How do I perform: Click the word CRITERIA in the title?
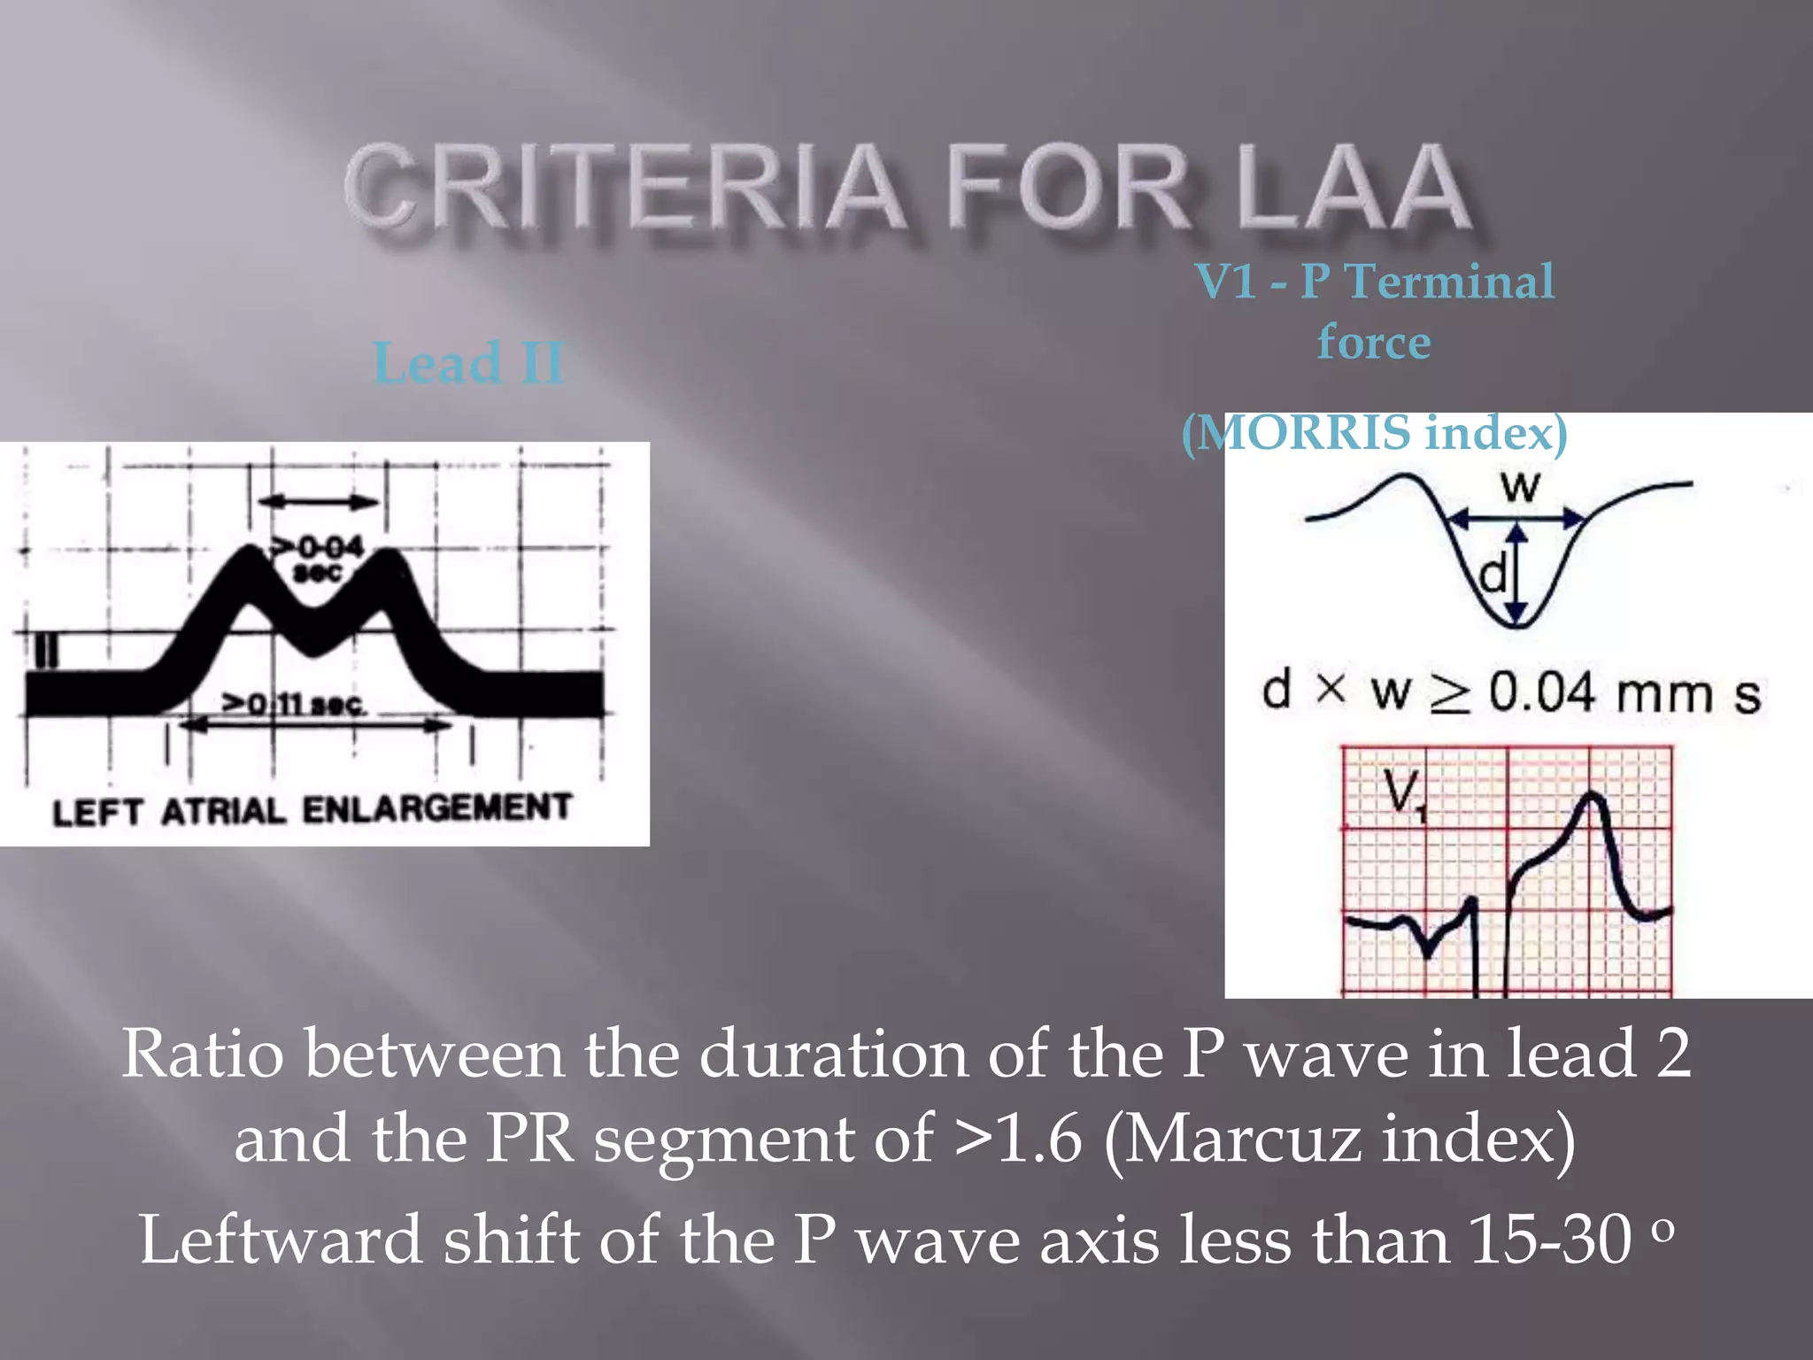624,188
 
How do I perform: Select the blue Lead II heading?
468,362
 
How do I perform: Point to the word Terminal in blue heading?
1449,282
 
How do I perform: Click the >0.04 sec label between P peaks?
319,558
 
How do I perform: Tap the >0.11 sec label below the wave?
292,704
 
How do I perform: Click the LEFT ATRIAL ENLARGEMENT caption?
312,809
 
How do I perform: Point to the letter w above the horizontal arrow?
1520,486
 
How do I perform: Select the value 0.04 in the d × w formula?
1541,692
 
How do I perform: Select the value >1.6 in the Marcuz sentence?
1018,1139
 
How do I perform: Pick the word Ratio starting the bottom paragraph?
203,1054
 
